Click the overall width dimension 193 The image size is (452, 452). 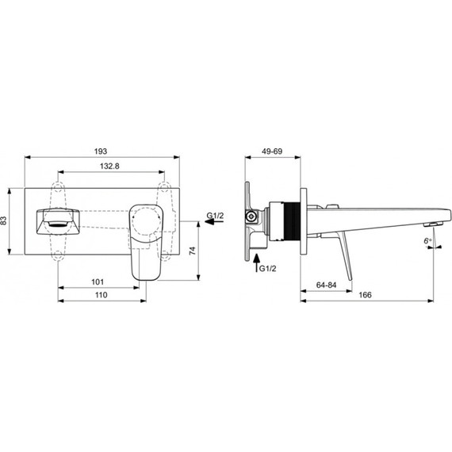click(101, 150)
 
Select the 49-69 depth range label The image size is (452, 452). click(272, 150)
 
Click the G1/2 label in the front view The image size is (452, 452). click(216, 216)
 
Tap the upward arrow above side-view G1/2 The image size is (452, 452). click(256, 260)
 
